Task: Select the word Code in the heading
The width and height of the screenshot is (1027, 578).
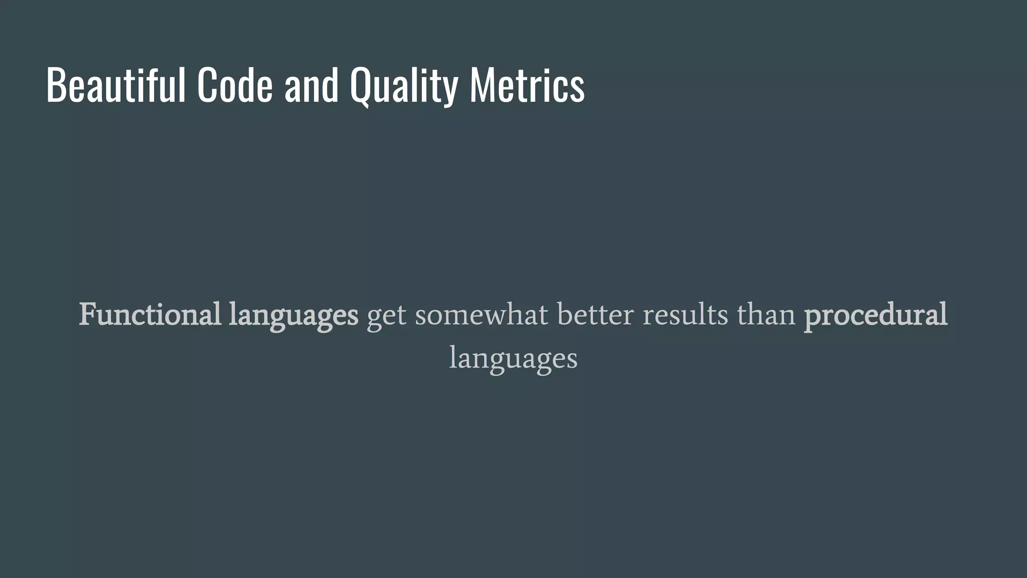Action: tap(235, 85)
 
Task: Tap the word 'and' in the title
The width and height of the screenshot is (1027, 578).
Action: tap(311, 85)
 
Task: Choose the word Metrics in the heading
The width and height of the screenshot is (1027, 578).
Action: tap(527, 85)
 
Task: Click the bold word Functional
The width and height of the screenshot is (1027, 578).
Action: tap(149, 315)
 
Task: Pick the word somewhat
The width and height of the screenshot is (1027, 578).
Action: tap(481, 315)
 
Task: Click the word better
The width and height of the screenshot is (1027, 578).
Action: tap(595, 315)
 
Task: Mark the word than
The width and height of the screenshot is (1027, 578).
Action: tap(766, 315)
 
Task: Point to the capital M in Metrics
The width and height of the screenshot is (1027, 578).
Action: tap(481, 85)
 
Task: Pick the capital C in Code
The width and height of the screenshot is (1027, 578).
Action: tap(206, 85)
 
